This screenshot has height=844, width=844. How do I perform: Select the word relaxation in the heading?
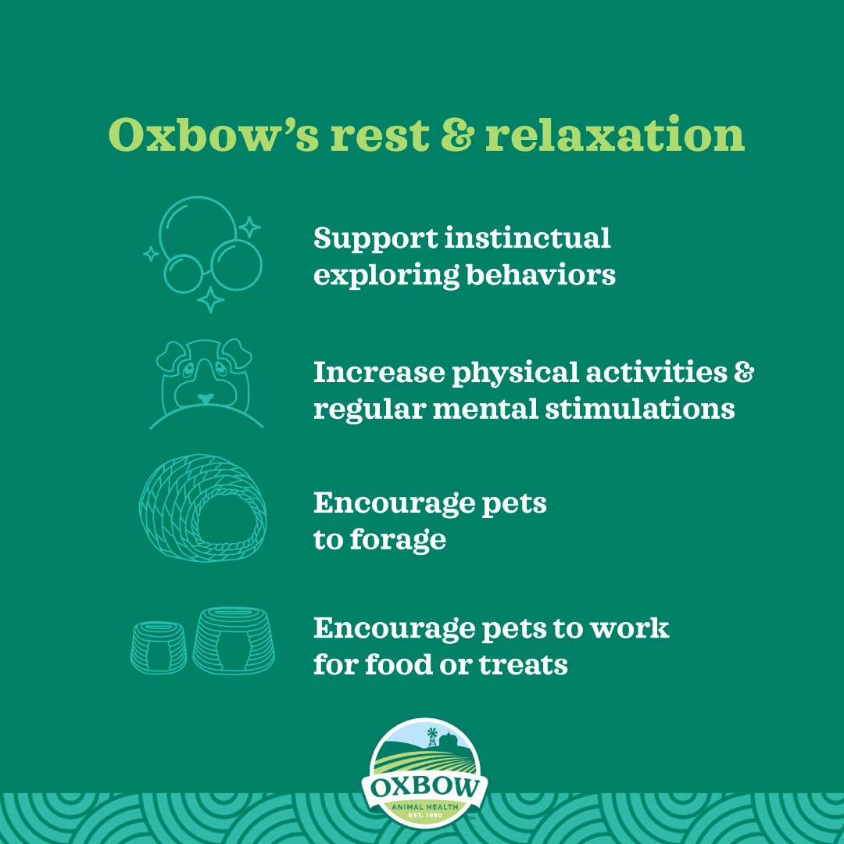point(614,136)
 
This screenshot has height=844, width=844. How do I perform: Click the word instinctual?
point(527,238)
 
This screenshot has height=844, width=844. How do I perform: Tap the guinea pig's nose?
point(205,398)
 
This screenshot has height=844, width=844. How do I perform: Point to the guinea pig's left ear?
point(170,358)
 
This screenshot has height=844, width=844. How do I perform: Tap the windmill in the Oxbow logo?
point(431,735)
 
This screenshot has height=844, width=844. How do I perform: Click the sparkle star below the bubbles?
point(209,300)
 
